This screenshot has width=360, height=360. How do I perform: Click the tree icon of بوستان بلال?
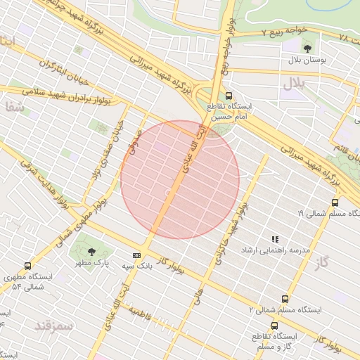[308, 48]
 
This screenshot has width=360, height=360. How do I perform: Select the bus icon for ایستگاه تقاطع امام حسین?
[229, 96]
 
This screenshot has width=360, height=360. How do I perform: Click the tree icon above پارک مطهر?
[91, 251]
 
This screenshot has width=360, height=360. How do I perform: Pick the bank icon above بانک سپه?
[136, 255]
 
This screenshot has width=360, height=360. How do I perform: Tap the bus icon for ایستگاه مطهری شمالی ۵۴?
[27, 266]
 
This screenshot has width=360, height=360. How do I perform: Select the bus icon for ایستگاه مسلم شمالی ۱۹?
[335, 202]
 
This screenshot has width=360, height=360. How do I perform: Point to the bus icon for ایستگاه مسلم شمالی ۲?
[285, 299]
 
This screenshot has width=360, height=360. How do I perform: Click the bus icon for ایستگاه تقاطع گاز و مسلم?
[274, 326]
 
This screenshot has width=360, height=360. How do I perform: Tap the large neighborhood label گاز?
[323, 263]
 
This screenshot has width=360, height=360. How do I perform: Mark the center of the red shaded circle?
[180, 180]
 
